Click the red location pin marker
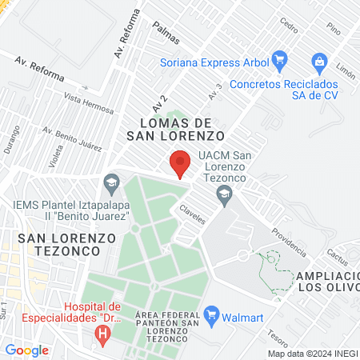180,164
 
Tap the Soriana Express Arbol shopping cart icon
279,59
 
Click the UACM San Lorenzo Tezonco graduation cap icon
226,193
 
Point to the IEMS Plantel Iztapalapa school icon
111,186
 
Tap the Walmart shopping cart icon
212,313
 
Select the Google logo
26,350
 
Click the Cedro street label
287,23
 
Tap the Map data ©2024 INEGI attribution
312,353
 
